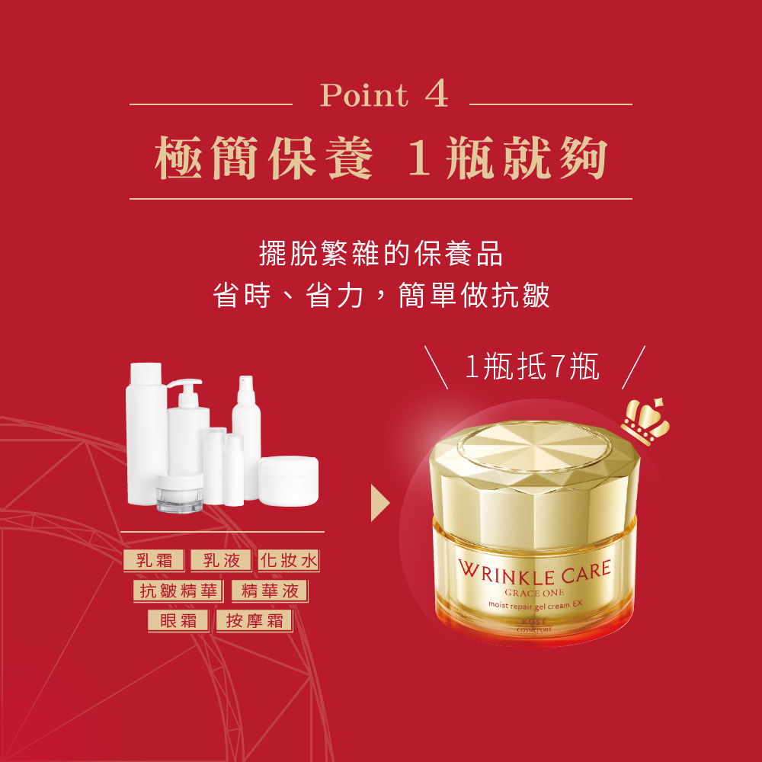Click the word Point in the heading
pyautogui.click(x=363, y=94)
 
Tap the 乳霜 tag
pyautogui.click(x=154, y=560)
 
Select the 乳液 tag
pyautogui.click(x=221, y=560)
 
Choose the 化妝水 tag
pyautogui.click(x=289, y=560)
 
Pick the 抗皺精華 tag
pyautogui.click(x=178, y=591)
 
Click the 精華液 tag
pyautogui.click(x=270, y=591)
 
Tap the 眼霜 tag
pyautogui.click(x=178, y=620)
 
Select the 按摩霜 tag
pyautogui.click(x=255, y=620)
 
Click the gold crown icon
pyautogui.click(x=646, y=421)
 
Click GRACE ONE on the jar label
pyautogui.click(x=534, y=592)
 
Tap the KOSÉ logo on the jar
pyautogui.click(x=534, y=622)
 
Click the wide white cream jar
pyautogui.click(x=288, y=481)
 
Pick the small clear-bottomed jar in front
pyautogui.click(x=179, y=493)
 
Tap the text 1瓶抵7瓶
pyautogui.click(x=532, y=367)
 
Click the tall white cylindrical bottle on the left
pyautogui.click(x=146, y=434)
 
